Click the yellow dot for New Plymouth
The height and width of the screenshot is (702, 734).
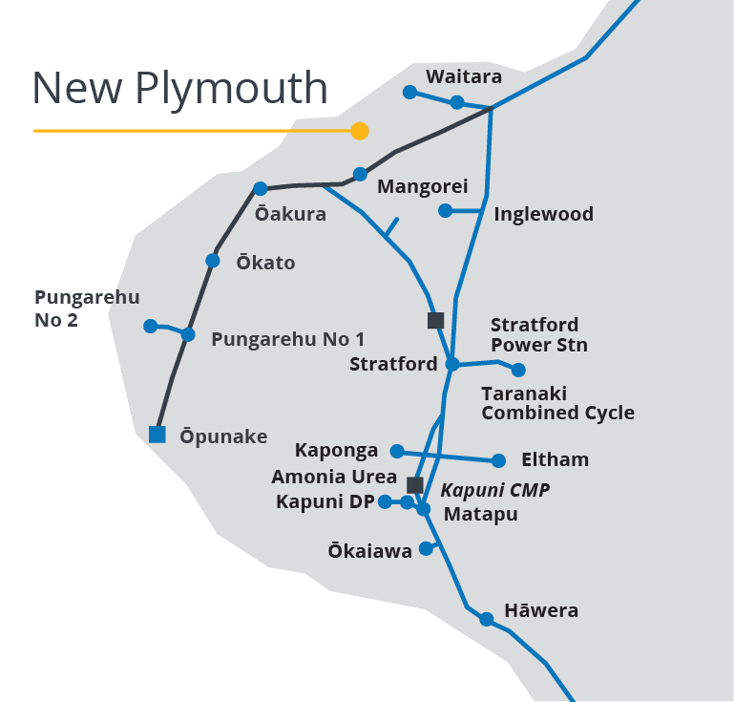359,131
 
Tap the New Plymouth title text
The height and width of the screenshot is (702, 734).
179,88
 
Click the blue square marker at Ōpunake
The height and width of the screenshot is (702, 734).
157,434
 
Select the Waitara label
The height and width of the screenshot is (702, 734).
464,76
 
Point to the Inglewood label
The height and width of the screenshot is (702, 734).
543,214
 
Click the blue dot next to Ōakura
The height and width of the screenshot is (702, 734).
261,188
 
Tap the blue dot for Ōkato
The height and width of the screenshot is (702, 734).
213,260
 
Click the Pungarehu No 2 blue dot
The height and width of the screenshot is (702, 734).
150,326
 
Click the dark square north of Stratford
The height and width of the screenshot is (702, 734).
435,320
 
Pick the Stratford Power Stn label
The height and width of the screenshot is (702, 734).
538,334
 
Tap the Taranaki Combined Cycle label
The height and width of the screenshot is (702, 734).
557,403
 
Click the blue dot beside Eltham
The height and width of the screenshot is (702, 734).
498,460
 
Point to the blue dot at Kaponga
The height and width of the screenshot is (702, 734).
398,451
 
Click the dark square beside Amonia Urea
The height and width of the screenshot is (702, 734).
414,484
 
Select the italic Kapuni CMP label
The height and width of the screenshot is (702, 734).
495,490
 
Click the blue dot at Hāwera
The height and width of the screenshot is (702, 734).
487,619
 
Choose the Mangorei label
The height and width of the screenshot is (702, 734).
422,186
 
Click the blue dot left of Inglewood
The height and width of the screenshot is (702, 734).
445,210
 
